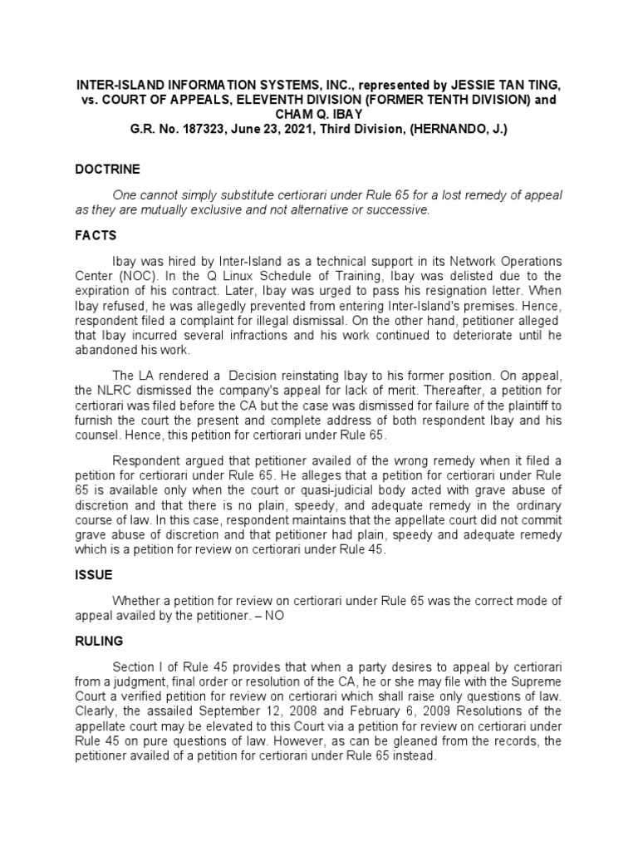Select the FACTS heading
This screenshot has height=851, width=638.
click(x=96, y=236)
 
